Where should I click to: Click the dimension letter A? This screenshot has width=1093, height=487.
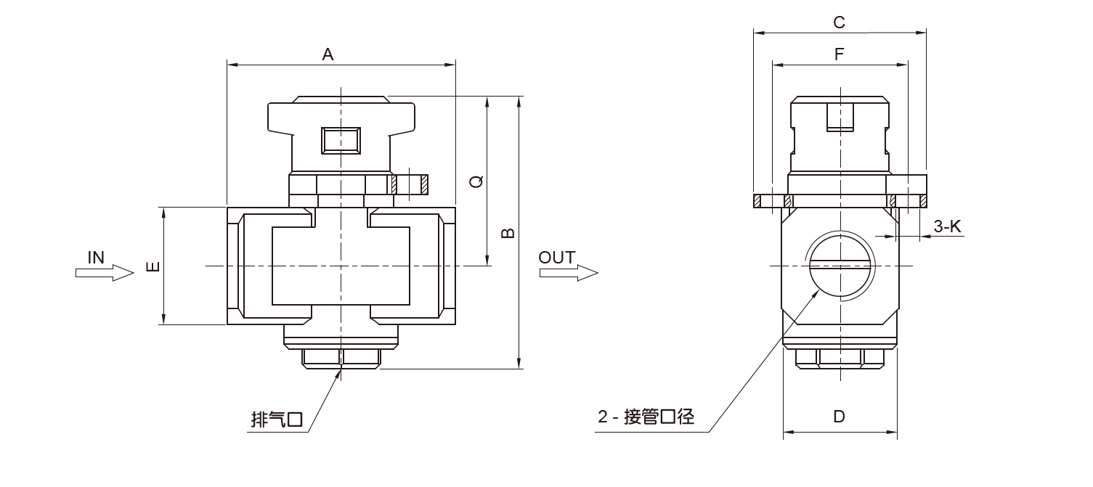pyautogui.click(x=328, y=54)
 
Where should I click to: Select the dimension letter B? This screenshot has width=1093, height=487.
pyautogui.click(x=508, y=232)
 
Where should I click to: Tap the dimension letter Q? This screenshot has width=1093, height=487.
pyautogui.click(x=476, y=181)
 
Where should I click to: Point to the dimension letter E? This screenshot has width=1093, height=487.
pyautogui.click(x=153, y=266)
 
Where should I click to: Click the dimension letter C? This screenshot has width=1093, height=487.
pyautogui.click(x=839, y=22)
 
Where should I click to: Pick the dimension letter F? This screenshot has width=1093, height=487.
pyautogui.click(x=839, y=54)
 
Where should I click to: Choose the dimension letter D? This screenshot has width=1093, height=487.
pyautogui.click(x=839, y=417)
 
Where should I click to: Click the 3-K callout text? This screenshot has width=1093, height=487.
pyautogui.click(x=947, y=226)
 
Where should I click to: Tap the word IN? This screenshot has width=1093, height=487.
pyautogui.click(x=96, y=257)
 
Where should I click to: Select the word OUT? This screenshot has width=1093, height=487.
pyautogui.click(x=557, y=257)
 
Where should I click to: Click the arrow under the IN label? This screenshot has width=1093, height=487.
pyautogui.click(x=105, y=273)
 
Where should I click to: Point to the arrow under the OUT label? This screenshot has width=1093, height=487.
pyautogui.click(x=569, y=273)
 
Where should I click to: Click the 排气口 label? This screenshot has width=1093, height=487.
pyautogui.click(x=276, y=420)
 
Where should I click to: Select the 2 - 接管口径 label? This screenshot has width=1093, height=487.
pyautogui.click(x=646, y=417)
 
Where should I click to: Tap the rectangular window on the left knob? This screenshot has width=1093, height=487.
pyautogui.click(x=341, y=140)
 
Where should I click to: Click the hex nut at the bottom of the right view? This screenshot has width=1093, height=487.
pyautogui.click(x=840, y=357)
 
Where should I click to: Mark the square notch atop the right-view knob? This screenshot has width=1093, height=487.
pyautogui.click(x=840, y=117)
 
